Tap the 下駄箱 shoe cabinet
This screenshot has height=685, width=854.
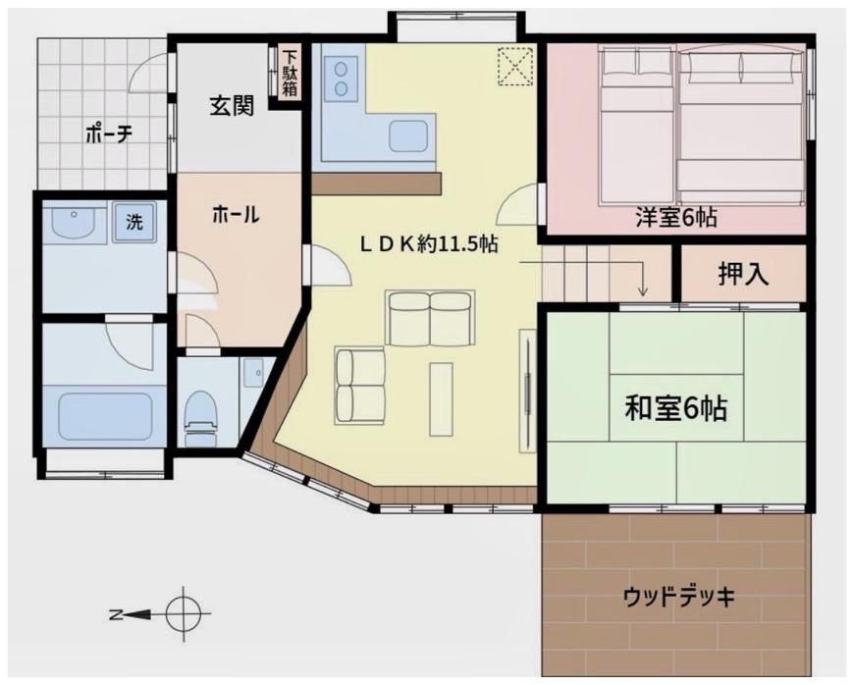pos(290,74)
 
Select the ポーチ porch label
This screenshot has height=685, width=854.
pos(109,133)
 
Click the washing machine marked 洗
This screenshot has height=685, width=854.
pos(133,222)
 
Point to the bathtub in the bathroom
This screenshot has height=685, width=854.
pos(105,416)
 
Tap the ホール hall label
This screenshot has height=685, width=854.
pos(236,215)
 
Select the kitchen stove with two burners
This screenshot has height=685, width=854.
pos(342,79)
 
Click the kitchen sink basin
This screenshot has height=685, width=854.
pos(408,135)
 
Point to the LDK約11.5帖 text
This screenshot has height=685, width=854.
pos(429,244)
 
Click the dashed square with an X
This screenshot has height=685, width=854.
pos(514,67)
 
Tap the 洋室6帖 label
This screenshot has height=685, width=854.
pos(676,218)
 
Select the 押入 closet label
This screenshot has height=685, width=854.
pos(743,274)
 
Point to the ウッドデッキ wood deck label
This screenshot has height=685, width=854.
pos(679,597)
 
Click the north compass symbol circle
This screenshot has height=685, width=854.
pos(183,614)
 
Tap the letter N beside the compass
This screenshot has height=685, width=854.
pos(115,614)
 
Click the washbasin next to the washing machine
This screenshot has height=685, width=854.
pos(73,222)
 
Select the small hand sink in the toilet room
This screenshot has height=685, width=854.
pos(252,373)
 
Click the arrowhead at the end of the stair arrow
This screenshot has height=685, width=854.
pos(644,291)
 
